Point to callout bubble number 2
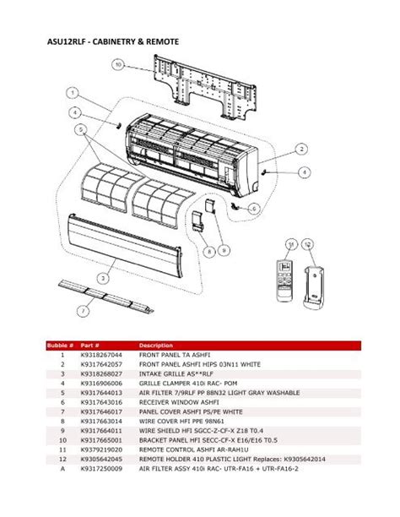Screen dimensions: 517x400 [x=300, y=148]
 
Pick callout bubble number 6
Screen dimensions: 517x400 [x=254, y=208]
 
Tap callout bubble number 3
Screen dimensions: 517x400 [x=103, y=276]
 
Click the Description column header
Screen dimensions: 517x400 [x=155, y=346]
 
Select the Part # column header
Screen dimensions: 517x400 [x=89, y=346]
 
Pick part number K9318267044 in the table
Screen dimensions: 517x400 [x=101, y=356]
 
